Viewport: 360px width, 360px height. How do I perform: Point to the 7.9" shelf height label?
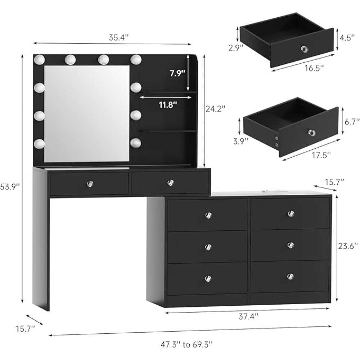177,73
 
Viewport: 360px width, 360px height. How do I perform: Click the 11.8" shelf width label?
168,105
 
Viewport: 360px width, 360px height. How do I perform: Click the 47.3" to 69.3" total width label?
191,345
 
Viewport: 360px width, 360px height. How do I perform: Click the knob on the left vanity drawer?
90,184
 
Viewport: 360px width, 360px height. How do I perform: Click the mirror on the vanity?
86,113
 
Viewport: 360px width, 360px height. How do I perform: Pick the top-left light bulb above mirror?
39,59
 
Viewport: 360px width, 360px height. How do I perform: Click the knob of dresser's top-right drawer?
291,214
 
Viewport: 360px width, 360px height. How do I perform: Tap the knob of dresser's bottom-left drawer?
208,279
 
